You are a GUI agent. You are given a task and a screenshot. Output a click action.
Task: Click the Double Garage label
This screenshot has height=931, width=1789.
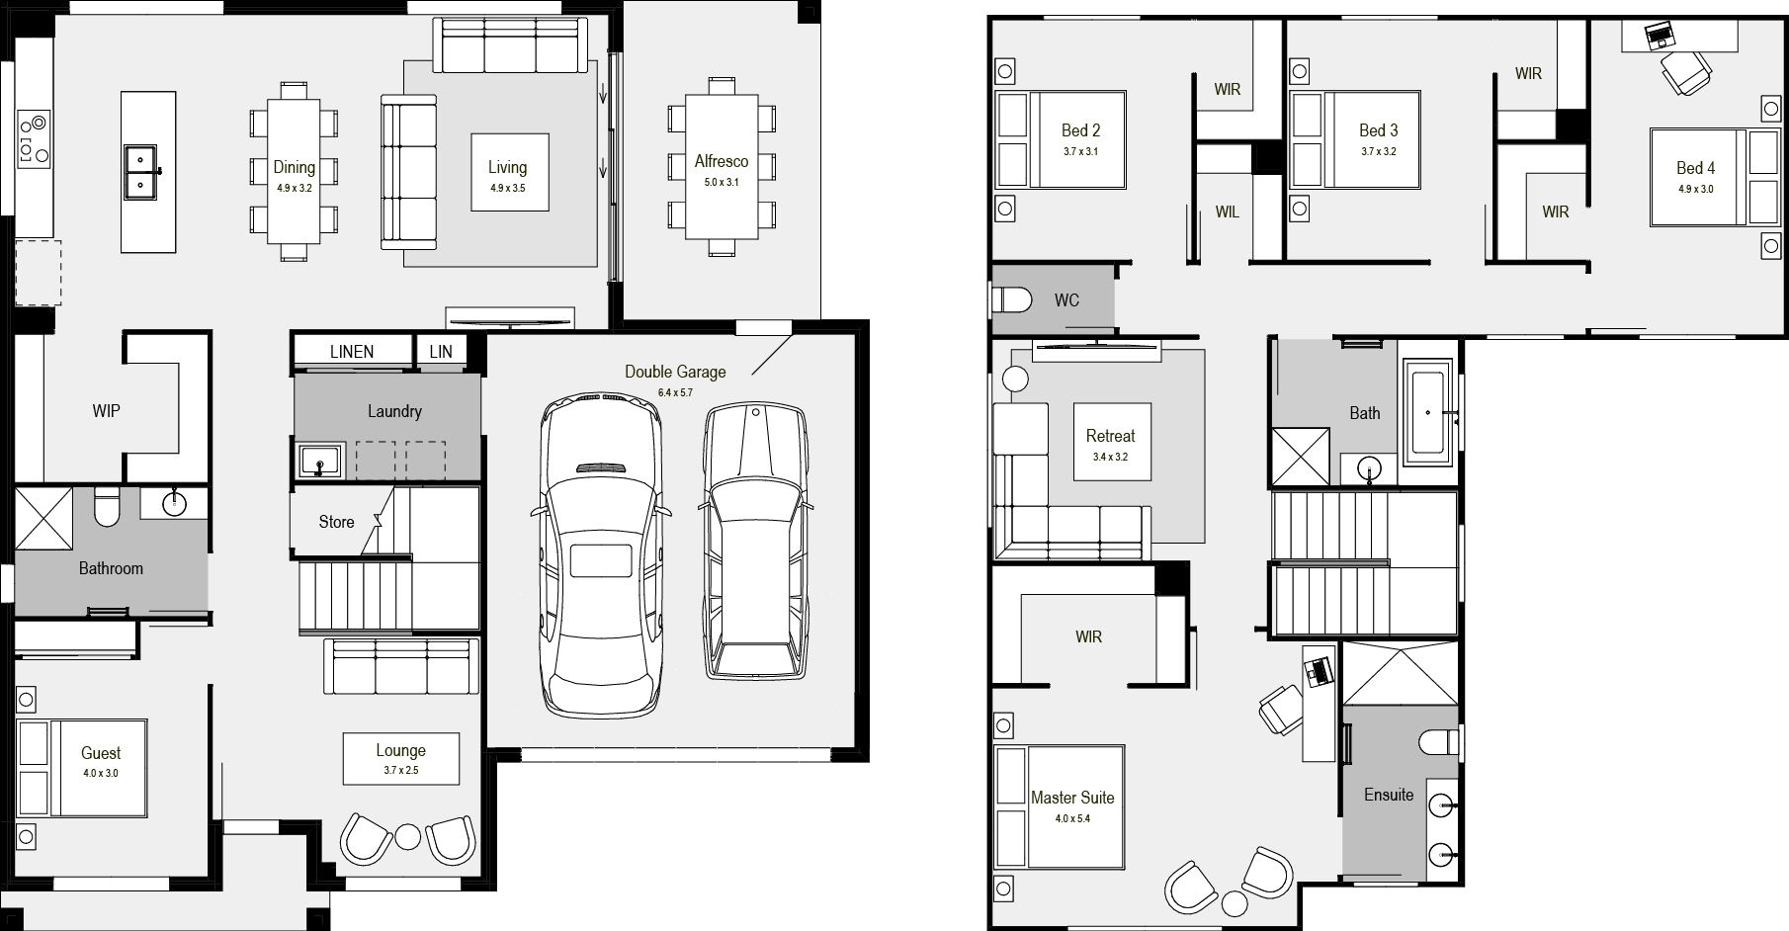pos(675,372)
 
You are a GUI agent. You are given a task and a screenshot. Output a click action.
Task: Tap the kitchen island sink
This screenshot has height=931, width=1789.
pos(142,170)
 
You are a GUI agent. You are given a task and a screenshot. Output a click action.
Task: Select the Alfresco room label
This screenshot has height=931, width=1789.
pos(722,161)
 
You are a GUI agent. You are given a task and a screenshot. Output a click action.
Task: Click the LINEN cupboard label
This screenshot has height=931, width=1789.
pos(352,352)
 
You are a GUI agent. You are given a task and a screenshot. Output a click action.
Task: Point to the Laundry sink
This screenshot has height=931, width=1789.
pos(319,461)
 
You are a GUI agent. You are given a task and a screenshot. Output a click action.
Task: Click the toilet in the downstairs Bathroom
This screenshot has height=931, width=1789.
pos(106,506)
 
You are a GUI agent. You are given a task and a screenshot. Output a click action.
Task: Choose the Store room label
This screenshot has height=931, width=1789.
pos(336,522)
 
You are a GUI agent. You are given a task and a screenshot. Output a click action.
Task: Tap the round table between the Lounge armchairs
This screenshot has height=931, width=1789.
pos(407,836)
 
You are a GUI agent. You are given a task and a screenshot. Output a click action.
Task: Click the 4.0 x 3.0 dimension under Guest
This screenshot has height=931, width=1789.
pos(101,774)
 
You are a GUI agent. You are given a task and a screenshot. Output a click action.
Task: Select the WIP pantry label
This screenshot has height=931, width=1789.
pos(106,410)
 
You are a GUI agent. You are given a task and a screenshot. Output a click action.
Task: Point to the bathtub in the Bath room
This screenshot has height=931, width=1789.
pos(1423,413)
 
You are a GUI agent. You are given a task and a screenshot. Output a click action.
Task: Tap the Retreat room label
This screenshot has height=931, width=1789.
pos(1111,436)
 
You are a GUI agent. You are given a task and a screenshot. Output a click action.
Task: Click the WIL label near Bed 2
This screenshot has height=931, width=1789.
pos(1227,212)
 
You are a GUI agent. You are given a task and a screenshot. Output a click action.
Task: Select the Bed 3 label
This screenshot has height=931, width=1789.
pos(1379,130)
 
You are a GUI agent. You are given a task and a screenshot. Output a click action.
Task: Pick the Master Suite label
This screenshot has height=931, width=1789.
pos(1072,798)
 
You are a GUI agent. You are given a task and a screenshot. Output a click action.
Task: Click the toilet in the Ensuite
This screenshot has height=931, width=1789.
pos(1439,742)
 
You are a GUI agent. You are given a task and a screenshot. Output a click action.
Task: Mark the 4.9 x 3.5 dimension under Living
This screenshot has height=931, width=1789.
pos(507,188)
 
